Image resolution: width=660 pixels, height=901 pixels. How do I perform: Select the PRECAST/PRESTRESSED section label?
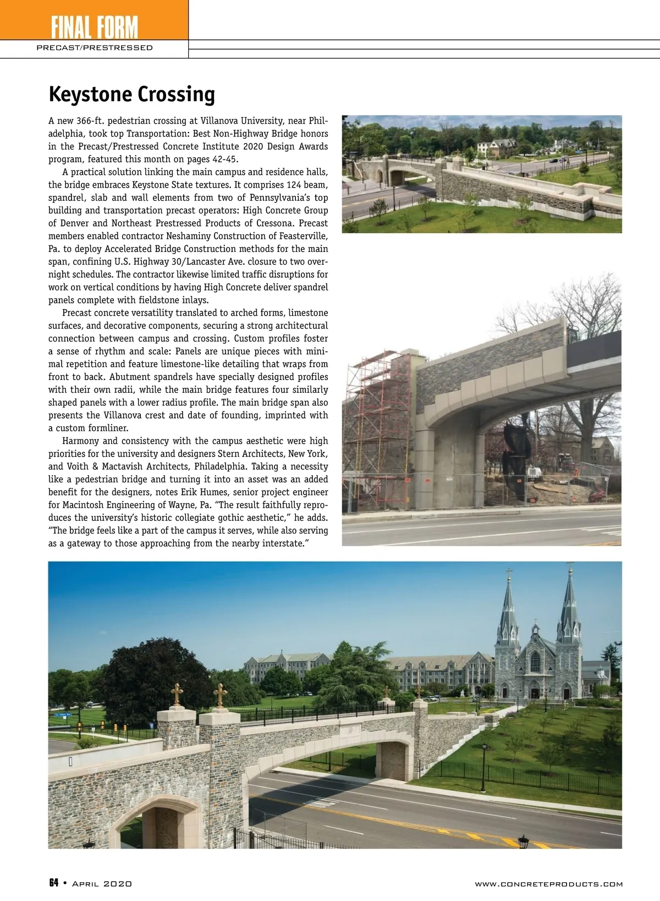pyautogui.click(x=94, y=48)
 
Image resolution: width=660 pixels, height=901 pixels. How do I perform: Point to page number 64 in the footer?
pyautogui.click(x=54, y=883)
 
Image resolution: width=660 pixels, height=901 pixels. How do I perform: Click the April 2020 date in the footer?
pyautogui.click(x=102, y=883)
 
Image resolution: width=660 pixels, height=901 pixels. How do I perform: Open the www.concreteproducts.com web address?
pyautogui.click(x=548, y=884)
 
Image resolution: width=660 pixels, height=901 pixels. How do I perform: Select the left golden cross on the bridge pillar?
pyautogui.click(x=177, y=694)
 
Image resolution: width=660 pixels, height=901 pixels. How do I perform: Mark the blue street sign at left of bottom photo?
pyautogui.click(x=62, y=715)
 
